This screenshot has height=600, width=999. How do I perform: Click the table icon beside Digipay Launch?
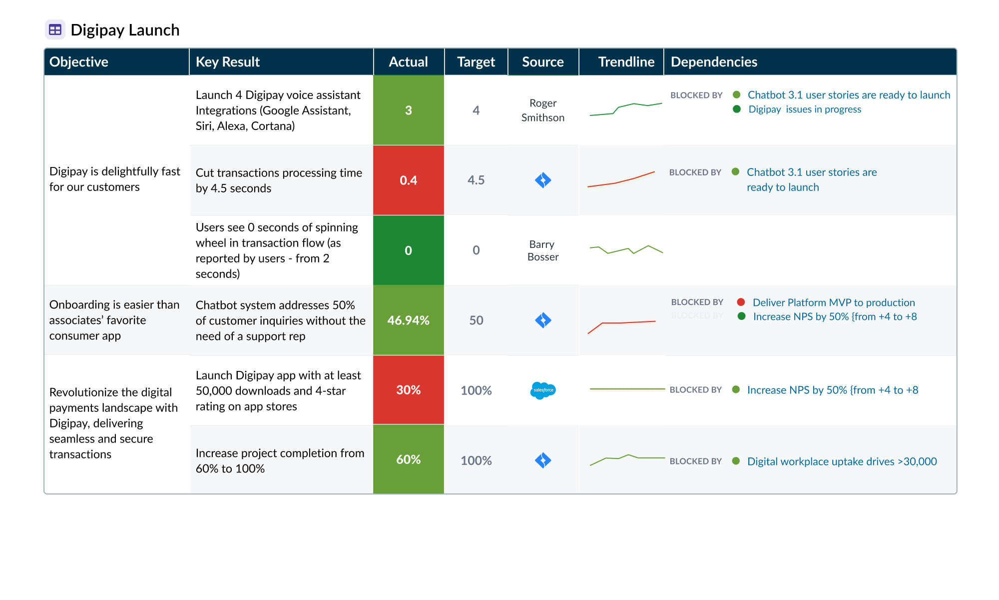point(55,29)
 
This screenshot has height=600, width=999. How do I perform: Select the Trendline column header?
point(626,61)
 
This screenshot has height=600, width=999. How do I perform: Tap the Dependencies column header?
point(714,61)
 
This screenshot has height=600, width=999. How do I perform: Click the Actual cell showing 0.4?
point(408,180)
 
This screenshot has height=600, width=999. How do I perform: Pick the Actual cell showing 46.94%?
point(408,320)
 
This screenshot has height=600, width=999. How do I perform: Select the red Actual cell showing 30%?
point(408,390)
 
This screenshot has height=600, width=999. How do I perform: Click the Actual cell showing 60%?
point(408,459)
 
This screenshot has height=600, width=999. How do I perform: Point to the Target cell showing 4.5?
point(476,180)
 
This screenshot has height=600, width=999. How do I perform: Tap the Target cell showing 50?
point(476,320)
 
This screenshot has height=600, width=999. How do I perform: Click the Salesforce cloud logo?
point(543,390)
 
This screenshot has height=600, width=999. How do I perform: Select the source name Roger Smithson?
point(543,110)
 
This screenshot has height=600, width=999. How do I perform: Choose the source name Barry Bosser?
point(543,250)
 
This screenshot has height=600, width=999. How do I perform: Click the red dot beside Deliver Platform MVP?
point(741,302)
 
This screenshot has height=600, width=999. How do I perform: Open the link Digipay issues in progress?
point(805,109)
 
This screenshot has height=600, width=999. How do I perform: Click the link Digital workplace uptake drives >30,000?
point(842,461)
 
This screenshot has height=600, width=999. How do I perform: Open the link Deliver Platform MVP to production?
point(834,302)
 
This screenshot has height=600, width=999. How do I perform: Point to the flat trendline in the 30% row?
point(627,388)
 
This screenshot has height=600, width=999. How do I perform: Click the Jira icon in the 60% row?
point(543,460)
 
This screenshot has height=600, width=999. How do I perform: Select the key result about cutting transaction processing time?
point(279,180)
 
